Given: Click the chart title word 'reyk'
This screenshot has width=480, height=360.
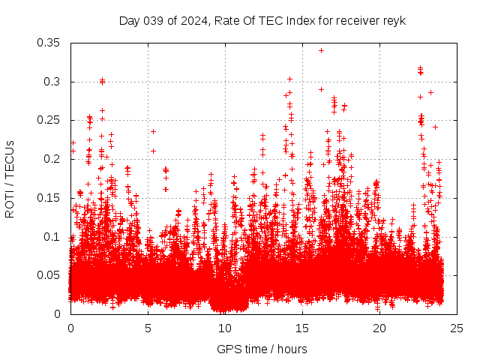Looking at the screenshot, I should coord(394,21).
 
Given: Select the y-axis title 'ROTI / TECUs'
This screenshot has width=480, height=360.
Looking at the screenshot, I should coord(10,178).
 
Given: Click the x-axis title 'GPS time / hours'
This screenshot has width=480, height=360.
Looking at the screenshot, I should coord(262,349).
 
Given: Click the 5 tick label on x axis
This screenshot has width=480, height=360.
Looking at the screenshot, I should coord(148,328).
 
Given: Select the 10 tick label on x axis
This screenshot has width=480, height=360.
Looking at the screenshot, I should coord(225,328).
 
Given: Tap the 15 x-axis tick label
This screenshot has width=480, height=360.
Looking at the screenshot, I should coord(302,328).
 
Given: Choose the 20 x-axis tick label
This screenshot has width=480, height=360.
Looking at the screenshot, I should coord(379,328).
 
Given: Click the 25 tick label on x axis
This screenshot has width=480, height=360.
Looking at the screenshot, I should coord(457,328).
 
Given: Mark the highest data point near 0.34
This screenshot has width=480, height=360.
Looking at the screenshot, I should coord(321,50).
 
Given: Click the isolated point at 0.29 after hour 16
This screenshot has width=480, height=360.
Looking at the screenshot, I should coord(321,89).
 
